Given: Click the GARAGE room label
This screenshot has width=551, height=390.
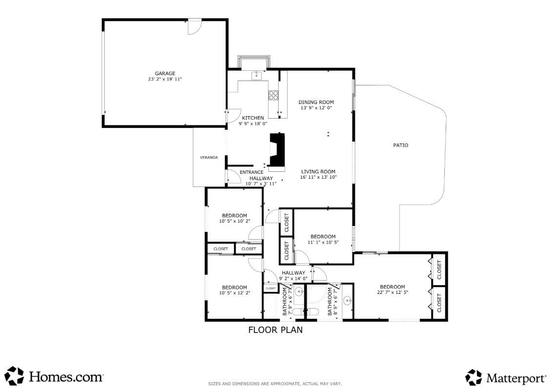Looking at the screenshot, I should click(165, 74).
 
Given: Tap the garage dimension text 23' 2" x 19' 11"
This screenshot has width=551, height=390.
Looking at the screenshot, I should click(165, 79).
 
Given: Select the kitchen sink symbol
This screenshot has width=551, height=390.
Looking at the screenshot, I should click(256, 75).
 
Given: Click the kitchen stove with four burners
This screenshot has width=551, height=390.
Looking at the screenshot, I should click(274, 95).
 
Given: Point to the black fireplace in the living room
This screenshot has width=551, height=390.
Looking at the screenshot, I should click(277, 151).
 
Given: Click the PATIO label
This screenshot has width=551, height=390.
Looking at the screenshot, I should click(400, 145).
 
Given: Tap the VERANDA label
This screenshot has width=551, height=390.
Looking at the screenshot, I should click(209, 158).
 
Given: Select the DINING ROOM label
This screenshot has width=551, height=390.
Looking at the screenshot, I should click(316, 102).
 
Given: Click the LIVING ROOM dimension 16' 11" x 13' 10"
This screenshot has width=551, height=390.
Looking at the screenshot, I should click(318, 177).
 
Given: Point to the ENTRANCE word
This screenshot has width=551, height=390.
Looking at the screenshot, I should click(252, 172).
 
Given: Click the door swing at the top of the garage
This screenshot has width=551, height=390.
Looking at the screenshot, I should click(195, 27).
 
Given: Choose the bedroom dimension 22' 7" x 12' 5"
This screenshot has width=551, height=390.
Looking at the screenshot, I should click(392, 292).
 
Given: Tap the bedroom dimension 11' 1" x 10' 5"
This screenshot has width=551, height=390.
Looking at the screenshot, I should click(323, 242).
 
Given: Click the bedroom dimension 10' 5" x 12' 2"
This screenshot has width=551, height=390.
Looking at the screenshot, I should click(234, 293).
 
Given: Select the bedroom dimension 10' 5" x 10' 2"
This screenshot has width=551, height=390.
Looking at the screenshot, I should click(234, 221).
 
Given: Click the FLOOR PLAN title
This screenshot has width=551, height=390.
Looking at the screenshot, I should click(275, 330).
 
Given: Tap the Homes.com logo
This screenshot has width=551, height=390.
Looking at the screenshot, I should click(54, 376).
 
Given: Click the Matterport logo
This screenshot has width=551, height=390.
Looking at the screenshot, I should click(506, 377).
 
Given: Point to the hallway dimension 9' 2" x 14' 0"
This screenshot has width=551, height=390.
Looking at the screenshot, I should click(293, 278).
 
